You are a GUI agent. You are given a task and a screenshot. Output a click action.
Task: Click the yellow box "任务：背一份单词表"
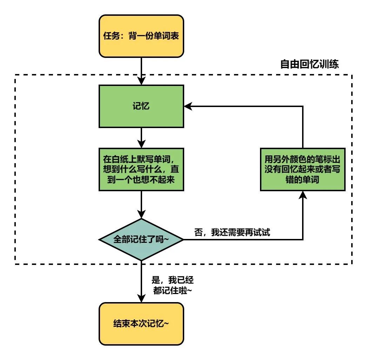pyautogui.click(x=141, y=36)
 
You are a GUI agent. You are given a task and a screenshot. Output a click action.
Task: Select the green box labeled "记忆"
pyautogui.click(x=141, y=106)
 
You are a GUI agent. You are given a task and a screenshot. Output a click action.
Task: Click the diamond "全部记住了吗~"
pyautogui.click(x=141, y=240)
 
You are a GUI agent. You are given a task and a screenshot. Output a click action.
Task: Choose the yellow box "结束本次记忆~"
pyautogui.click(x=141, y=323)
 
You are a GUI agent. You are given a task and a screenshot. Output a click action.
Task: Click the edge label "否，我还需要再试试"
pyautogui.click(x=232, y=232)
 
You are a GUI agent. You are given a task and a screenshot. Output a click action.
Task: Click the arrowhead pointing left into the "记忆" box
pyautogui.click(x=188, y=106)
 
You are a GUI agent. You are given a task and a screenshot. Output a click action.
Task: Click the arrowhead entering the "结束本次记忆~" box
pyautogui.click(x=141, y=299)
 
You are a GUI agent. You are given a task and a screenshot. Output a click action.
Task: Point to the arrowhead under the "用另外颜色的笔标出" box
pyautogui.click(x=302, y=195)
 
